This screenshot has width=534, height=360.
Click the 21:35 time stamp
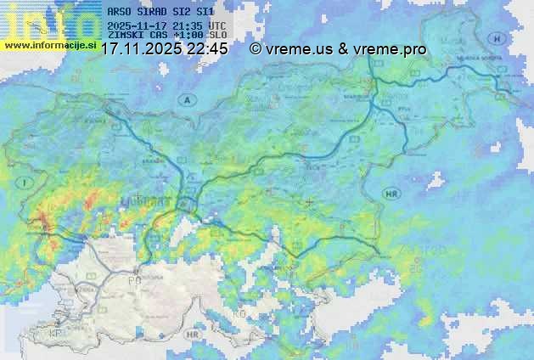[x=187, y=26]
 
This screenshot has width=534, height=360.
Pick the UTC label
[x=216, y=26]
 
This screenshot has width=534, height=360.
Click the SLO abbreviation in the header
[x=218, y=35]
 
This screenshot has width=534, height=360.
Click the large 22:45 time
[x=209, y=49]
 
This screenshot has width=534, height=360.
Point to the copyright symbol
[x=255, y=49]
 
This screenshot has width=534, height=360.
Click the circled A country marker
[x=185, y=100]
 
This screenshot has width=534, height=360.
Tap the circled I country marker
[x=27, y=182]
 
